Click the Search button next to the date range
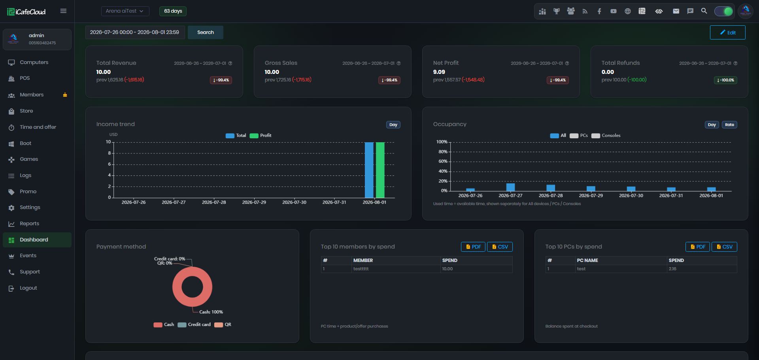click(x=205, y=32)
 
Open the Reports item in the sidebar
click(x=29, y=224)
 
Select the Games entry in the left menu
click(x=29, y=159)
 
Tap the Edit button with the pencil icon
click(x=727, y=32)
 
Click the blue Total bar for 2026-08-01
click(x=369, y=170)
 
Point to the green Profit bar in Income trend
click(x=380, y=170)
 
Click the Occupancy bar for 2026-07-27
click(x=510, y=187)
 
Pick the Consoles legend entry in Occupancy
click(x=606, y=136)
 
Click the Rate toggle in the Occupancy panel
click(x=729, y=125)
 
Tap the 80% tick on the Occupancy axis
click(x=443, y=152)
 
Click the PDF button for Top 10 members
click(x=473, y=247)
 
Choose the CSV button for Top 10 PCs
click(x=724, y=247)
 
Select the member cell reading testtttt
click(x=361, y=269)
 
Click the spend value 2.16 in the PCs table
click(x=672, y=269)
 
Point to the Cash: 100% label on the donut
click(x=211, y=312)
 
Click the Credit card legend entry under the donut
click(x=194, y=325)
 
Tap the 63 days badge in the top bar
click(x=173, y=11)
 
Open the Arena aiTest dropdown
click(x=125, y=11)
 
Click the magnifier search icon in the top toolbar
click(x=704, y=11)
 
